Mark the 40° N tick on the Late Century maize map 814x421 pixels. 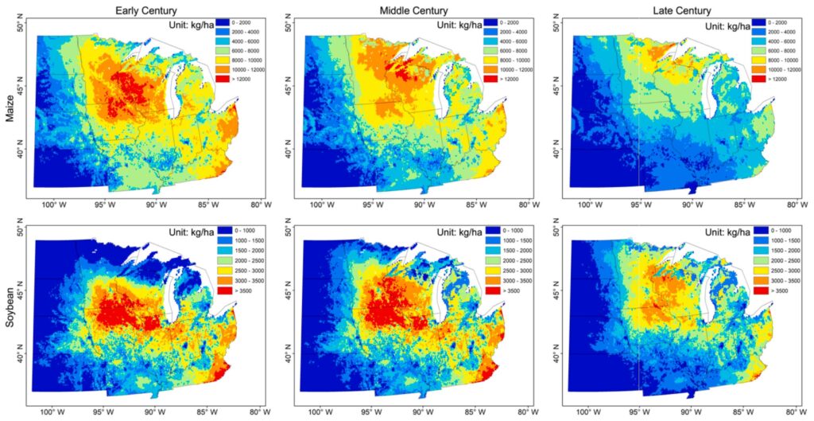(556, 149)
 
